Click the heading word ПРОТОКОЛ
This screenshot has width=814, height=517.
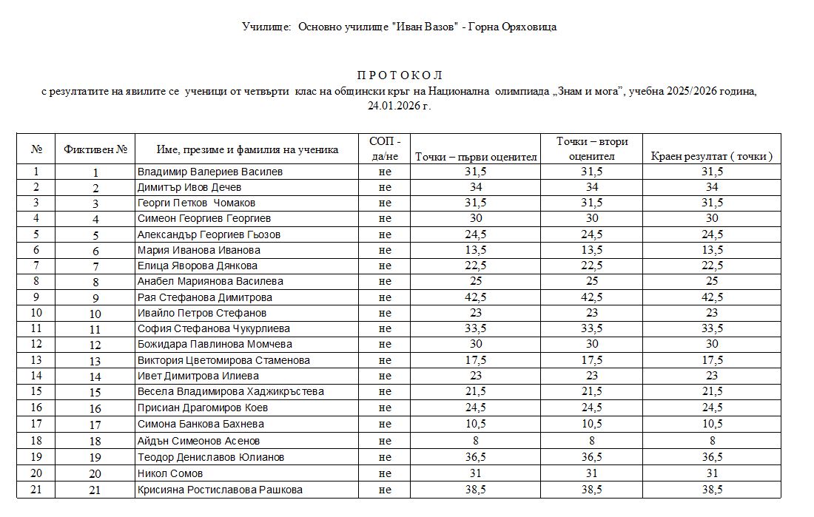click(399, 75)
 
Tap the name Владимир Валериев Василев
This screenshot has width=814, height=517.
click(210, 172)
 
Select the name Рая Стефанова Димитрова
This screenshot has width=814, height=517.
click(205, 297)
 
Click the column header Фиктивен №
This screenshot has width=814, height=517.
click(95, 149)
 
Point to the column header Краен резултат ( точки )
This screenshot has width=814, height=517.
click(711, 156)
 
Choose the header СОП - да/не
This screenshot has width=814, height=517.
click(384, 149)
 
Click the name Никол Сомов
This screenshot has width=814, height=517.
click(170, 473)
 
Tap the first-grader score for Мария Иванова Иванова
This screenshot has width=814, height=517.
click(475, 250)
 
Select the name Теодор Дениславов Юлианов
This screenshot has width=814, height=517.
click(211, 457)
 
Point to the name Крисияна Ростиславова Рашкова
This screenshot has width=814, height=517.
click(220, 490)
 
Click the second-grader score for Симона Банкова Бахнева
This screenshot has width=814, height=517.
click(592, 424)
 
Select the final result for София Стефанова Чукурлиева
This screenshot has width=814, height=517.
click(711, 328)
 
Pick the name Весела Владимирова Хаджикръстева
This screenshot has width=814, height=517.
click(231, 391)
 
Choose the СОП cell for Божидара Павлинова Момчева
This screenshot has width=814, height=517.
click(384, 344)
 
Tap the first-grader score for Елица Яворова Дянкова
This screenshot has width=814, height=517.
click(475, 266)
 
